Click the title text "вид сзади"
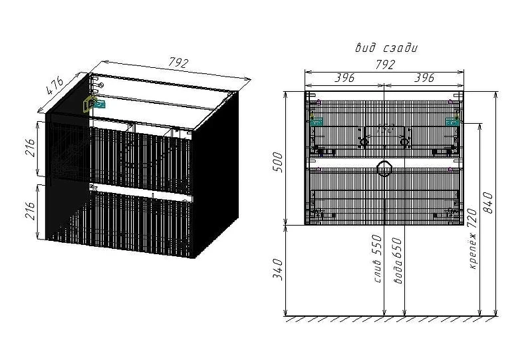[386, 48]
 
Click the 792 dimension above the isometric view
[178, 63]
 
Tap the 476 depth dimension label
[55, 86]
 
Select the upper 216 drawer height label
[31, 148]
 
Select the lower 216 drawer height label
[31, 210]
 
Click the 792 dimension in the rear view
[384, 64]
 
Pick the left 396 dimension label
[344, 78]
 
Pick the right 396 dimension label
[424, 78]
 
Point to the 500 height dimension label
[277, 162]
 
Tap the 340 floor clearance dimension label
[277, 269]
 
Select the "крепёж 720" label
[472, 239]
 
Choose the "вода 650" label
[397, 261]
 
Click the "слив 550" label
[377, 259]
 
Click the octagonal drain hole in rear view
[384, 169]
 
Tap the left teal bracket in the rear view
[317, 121]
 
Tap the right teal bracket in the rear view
[452, 121]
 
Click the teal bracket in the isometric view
[99, 104]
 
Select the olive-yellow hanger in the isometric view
[89, 104]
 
